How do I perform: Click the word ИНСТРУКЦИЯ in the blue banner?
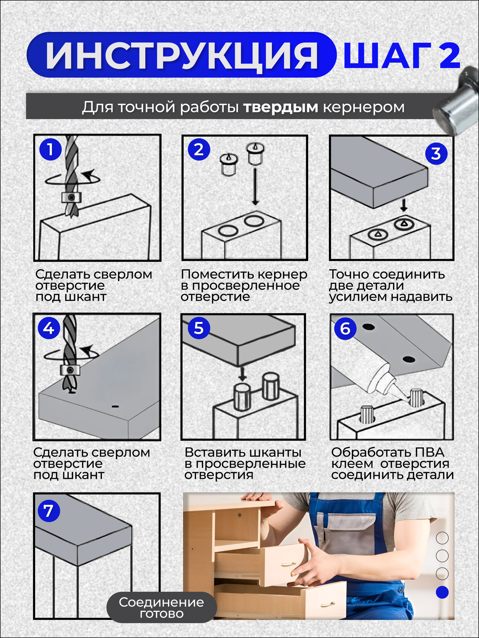[x=182, y=56]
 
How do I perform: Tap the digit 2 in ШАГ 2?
[x=450, y=56]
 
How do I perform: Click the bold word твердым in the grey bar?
[x=281, y=107]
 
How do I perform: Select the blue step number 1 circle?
[x=50, y=149]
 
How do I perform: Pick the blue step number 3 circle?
[x=436, y=153]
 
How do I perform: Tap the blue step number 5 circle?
[x=199, y=328]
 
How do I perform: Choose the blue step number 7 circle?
[x=49, y=511]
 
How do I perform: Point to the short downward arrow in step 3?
[x=404, y=205]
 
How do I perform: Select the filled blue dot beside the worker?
[x=442, y=592]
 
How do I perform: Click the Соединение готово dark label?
[x=162, y=608]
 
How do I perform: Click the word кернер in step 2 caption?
[x=282, y=274]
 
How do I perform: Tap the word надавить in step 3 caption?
[x=422, y=297]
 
